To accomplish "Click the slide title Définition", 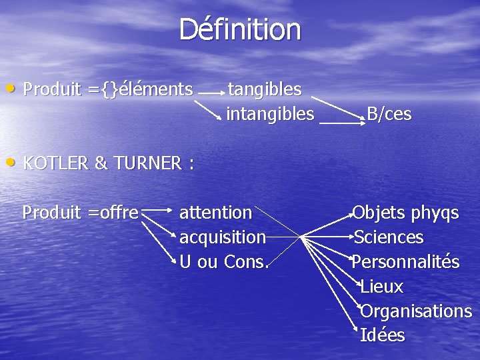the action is tap(240, 30).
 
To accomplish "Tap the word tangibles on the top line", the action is tap(265, 89).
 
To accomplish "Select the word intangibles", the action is tap(270, 115).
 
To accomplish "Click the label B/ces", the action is tap(389, 115).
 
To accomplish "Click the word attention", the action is tap(216, 213).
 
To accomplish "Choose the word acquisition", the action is tap(223, 237).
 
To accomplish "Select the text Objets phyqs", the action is tap(406, 213).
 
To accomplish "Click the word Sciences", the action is tap(389, 237).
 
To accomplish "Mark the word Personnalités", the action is tap(406, 262).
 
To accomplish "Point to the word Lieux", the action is tap(381, 287).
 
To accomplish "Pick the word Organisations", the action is tap(416, 311).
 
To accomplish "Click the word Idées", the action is tap(382, 335).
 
